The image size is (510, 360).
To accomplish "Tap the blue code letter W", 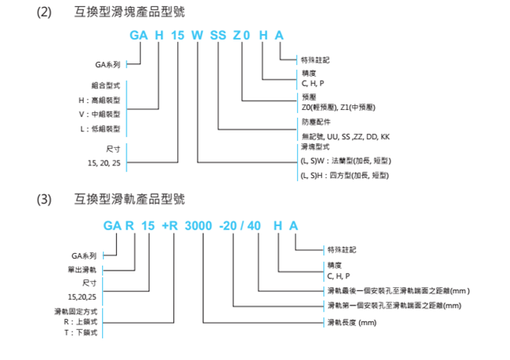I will pyautogui.click(x=198, y=36).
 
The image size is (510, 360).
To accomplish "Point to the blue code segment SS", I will pyautogui.click(x=217, y=36).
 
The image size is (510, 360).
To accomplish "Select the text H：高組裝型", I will pyautogui.click(x=100, y=100).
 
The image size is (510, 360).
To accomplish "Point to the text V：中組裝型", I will pyautogui.click(x=100, y=114).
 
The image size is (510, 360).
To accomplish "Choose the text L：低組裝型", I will pyautogui.click(x=100, y=128).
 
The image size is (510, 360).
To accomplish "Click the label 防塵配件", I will pyautogui.click(x=315, y=123).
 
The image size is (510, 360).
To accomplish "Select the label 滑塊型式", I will pyautogui.click(x=315, y=147).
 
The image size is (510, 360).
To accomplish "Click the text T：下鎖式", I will pyautogui.click(x=81, y=333).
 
